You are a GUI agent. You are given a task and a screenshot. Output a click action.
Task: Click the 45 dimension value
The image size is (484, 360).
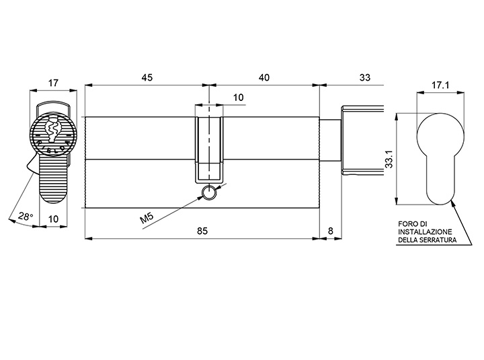(147, 77)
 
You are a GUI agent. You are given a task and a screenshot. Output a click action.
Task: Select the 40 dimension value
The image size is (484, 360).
(264, 77)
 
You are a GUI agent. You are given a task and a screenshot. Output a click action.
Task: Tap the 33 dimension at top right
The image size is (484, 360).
(365, 77)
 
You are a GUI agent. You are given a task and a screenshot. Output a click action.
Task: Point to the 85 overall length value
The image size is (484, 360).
(202, 231)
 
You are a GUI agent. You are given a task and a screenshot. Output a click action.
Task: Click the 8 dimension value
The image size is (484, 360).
(331, 231)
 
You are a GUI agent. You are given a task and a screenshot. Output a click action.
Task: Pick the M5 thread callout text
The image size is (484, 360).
(147, 218)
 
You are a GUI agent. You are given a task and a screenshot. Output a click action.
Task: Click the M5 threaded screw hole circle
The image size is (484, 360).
(209, 193)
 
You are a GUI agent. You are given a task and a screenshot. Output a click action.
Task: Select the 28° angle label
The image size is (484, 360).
(26, 216)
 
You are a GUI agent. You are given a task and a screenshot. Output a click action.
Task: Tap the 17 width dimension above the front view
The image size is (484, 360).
(53, 83)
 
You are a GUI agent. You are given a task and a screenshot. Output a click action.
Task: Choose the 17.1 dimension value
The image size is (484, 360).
(440, 85)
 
